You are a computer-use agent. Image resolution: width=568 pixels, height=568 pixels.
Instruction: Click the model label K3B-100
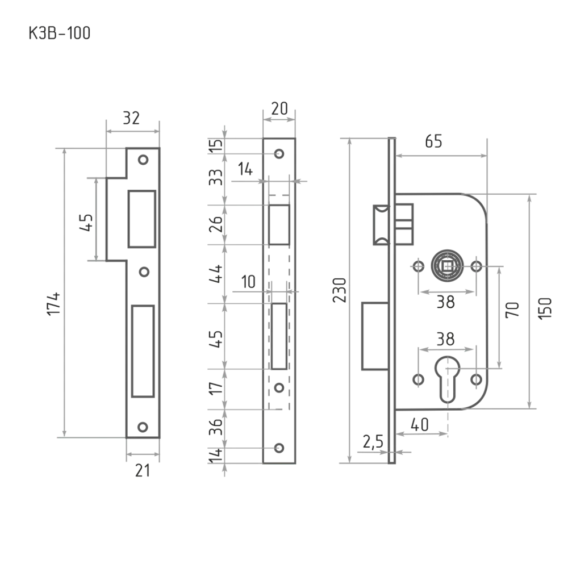tap(59, 34)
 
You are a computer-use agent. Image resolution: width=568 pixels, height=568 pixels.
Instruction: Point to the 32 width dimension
tap(132, 119)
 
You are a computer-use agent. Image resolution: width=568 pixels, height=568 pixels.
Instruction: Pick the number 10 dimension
tap(249, 282)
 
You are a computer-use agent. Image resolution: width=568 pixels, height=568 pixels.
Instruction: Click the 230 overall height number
tap(340, 290)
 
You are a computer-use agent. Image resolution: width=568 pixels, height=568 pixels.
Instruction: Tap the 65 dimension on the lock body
tap(434, 143)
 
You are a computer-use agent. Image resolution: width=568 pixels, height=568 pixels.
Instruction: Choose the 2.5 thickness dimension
tap(373, 441)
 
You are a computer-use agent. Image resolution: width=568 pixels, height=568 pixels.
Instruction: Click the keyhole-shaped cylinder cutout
tap(447, 377)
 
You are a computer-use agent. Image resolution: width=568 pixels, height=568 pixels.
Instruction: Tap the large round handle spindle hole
tap(447, 266)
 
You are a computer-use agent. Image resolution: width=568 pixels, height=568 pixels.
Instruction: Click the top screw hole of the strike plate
tap(143, 160)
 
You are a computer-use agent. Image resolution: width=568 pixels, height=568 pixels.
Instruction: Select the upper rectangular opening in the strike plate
tap(141, 219)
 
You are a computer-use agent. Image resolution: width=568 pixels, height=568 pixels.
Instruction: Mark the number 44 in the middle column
tap(216, 277)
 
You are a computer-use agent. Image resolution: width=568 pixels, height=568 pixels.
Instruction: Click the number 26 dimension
tap(216, 225)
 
